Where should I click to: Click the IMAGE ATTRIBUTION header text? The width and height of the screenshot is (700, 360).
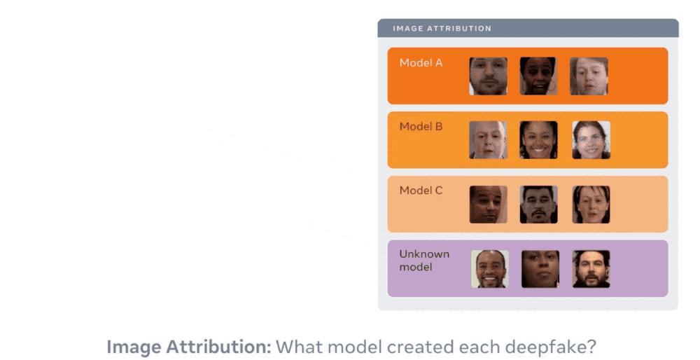point(442,29)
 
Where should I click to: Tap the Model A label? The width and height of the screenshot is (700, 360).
point(421,63)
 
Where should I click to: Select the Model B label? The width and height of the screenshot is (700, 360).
point(421,127)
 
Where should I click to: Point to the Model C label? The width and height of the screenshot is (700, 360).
point(421,191)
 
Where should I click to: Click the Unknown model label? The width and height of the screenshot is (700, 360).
point(424,261)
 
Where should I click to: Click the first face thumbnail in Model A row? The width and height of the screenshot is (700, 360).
point(488,76)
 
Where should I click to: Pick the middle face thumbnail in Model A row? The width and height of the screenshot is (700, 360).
point(538,76)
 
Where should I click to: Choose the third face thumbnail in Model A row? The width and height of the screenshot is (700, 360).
point(589,76)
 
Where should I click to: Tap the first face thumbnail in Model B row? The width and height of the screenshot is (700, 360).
point(488,140)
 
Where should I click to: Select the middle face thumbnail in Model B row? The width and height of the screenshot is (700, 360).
point(538,140)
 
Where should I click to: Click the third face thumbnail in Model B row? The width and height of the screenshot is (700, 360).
point(591,140)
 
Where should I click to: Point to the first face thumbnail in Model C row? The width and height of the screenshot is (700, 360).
point(488,205)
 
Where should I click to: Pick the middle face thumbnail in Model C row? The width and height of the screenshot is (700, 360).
point(538,205)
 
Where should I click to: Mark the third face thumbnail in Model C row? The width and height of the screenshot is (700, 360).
point(591,205)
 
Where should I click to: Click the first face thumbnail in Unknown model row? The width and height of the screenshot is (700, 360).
point(490,269)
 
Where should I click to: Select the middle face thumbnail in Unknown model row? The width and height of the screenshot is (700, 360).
point(540,269)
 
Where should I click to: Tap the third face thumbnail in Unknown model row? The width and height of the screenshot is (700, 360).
point(591,269)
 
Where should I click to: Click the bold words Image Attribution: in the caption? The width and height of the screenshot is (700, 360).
point(189,347)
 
